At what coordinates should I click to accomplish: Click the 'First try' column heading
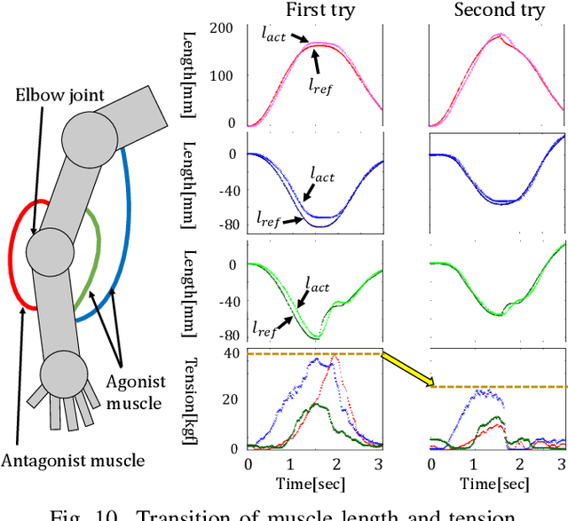(315, 11)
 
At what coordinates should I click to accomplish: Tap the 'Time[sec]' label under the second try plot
(498, 483)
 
